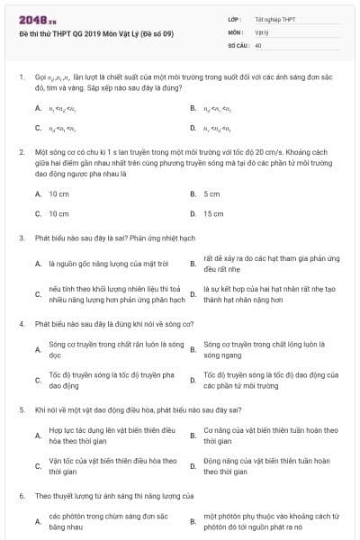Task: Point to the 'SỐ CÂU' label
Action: tap(238, 44)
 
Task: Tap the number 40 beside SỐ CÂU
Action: tap(258, 44)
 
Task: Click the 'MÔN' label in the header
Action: tap(235, 31)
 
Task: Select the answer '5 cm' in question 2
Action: tap(211, 193)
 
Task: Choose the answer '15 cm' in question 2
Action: tap(213, 213)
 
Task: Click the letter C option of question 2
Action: tap(38, 213)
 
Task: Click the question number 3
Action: tap(21, 238)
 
